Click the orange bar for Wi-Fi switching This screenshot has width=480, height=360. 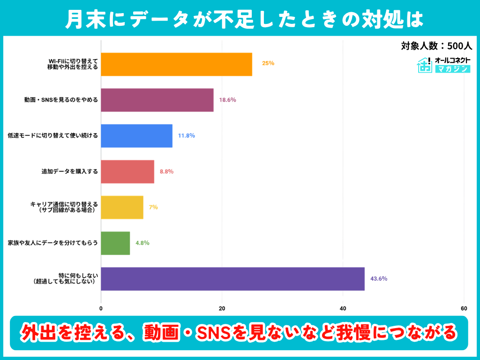(176, 64)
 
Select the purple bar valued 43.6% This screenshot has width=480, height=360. (232, 279)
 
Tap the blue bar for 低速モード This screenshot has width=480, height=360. (136, 136)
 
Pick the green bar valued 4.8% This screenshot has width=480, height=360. (115, 243)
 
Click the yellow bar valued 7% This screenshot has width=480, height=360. (122, 207)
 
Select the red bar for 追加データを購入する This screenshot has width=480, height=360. (127, 172)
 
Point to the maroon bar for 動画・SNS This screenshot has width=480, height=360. (157, 100)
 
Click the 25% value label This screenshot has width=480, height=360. (268, 63)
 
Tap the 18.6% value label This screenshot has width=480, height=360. (227, 100)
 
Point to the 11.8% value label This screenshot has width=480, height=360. (186, 136)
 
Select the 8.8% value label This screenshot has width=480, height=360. (166, 172)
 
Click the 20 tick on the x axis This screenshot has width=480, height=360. (222, 308)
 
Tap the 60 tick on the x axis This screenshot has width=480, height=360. (464, 308)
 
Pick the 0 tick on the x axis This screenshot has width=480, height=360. (101, 308)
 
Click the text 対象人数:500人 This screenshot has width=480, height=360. (436, 46)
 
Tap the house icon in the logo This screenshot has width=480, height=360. (425, 65)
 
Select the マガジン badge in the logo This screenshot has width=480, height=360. (452, 69)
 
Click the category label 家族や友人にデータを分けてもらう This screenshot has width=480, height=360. (53, 243)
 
